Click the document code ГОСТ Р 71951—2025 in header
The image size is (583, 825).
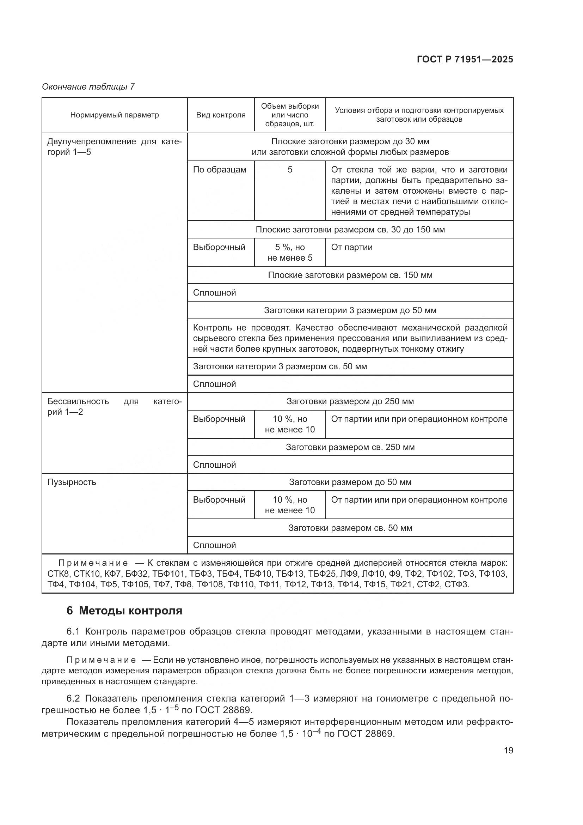(465, 60)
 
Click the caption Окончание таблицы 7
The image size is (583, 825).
(88, 87)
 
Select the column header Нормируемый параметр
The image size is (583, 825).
(114, 115)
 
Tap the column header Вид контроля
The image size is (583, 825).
(221, 115)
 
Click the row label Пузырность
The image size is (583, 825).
(72, 482)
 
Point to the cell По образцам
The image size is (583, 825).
(219, 170)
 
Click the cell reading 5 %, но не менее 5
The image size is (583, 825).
(290, 252)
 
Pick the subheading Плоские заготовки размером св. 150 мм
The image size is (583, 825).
(350, 275)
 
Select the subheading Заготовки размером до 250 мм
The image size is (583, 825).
(350, 401)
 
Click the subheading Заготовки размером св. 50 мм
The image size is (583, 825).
(350, 528)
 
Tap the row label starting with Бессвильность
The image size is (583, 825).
(78, 401)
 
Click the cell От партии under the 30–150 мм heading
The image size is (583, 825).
(351, 247)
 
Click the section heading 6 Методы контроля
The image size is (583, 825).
(124, 611)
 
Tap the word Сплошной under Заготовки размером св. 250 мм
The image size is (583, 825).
(214, 465)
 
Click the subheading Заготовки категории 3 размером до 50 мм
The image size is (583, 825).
(350, 310)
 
